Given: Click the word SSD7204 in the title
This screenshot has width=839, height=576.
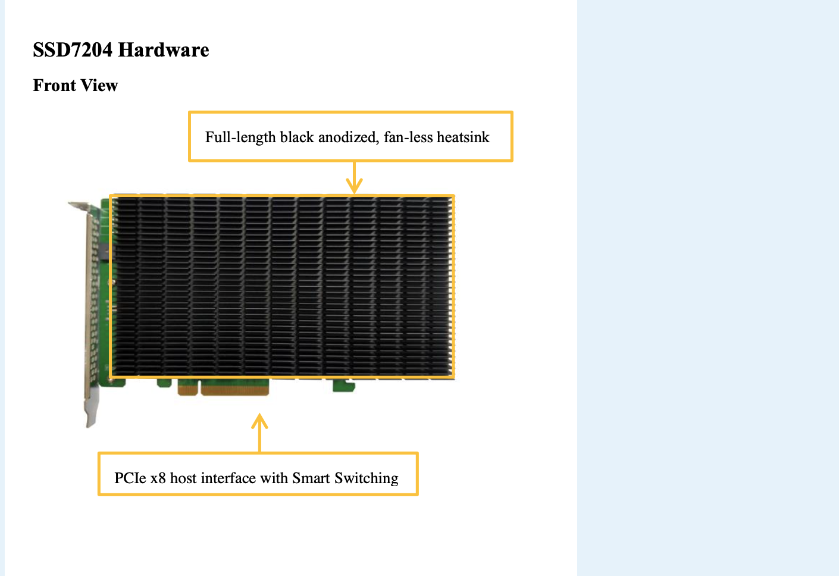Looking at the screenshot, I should click(73, 50).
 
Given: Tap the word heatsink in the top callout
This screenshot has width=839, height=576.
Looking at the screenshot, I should click(463, 137).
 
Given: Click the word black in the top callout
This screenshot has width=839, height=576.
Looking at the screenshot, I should click(297, 137).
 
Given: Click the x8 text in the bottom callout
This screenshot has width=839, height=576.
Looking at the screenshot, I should click(158, 478).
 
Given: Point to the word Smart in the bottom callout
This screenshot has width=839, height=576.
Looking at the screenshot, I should click(311, 478).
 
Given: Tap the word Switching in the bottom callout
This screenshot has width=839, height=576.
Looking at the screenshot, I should click(367, 478).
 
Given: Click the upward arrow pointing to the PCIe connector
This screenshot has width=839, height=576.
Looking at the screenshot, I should click(259, 432).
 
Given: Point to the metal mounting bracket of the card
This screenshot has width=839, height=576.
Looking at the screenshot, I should click(92, 309).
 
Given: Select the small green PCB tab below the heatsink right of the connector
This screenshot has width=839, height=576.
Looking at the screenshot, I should click(343, 386).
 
